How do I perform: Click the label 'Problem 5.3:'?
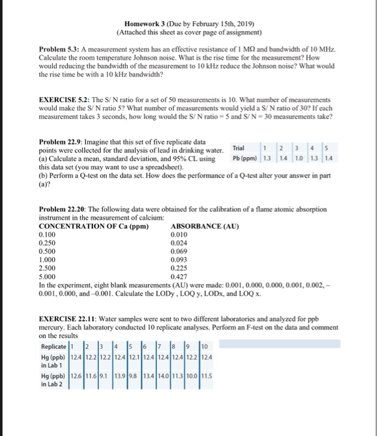click(x=59, y=49)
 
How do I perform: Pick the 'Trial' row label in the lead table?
click(x=237, y=148)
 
